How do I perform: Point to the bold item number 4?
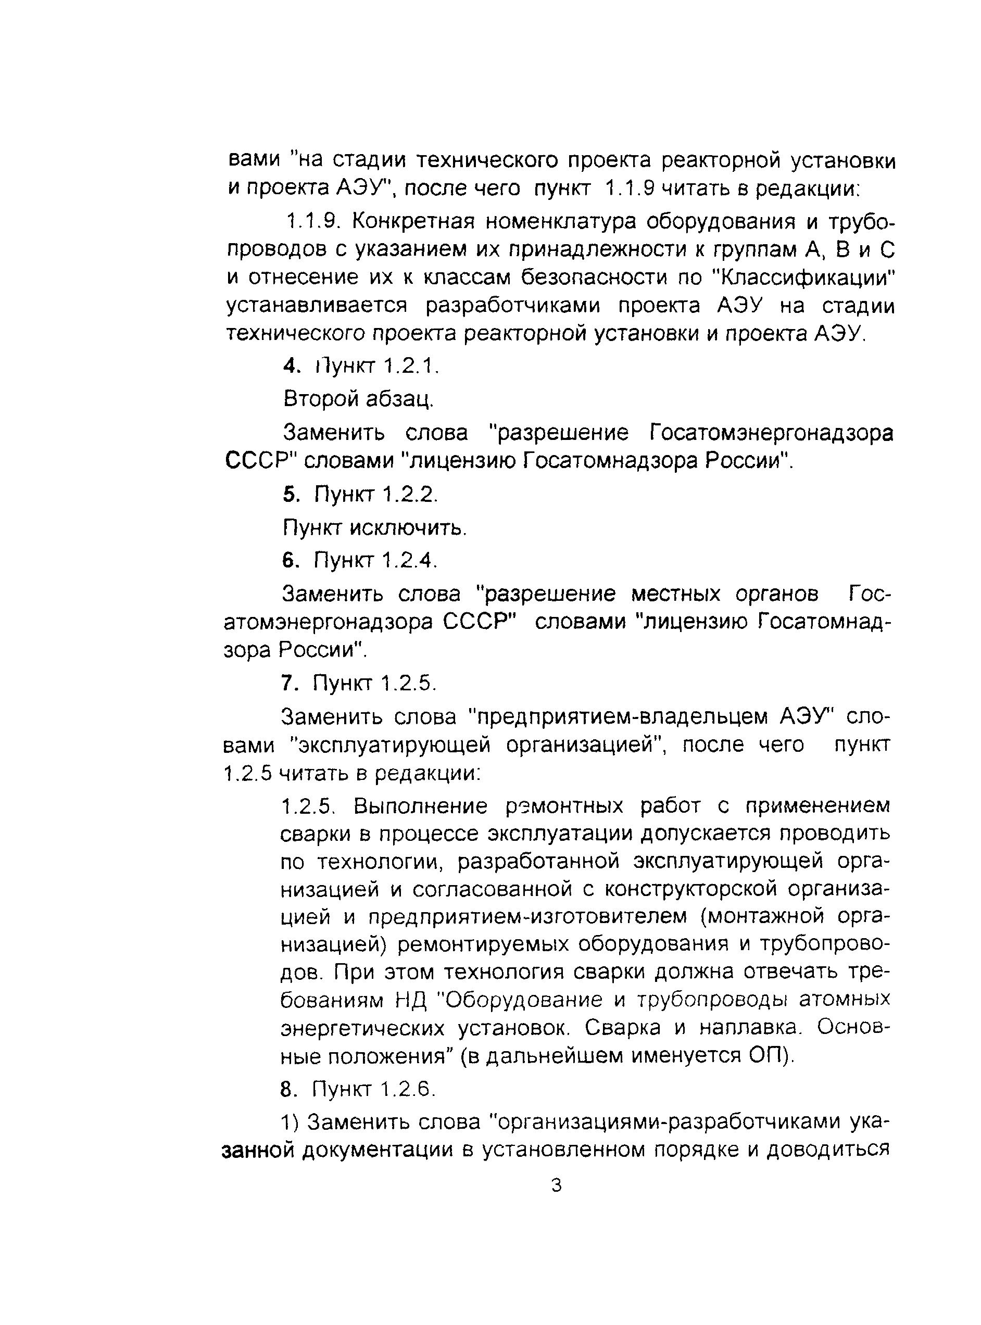(x=290, y=367)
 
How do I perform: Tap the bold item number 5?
(x=290, y=494)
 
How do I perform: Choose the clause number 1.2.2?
(x=409, y=494)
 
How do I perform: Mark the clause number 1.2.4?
(x=409, y=559)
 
